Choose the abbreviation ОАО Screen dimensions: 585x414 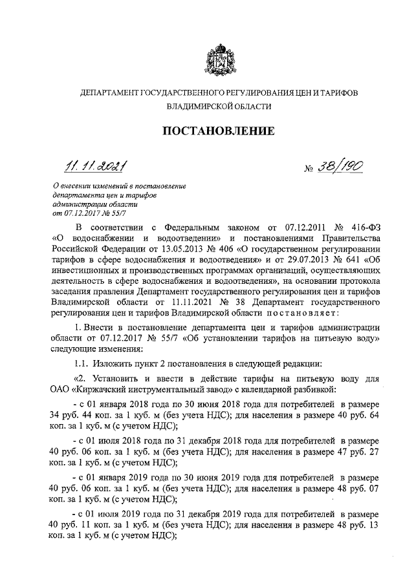(62, 390)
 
